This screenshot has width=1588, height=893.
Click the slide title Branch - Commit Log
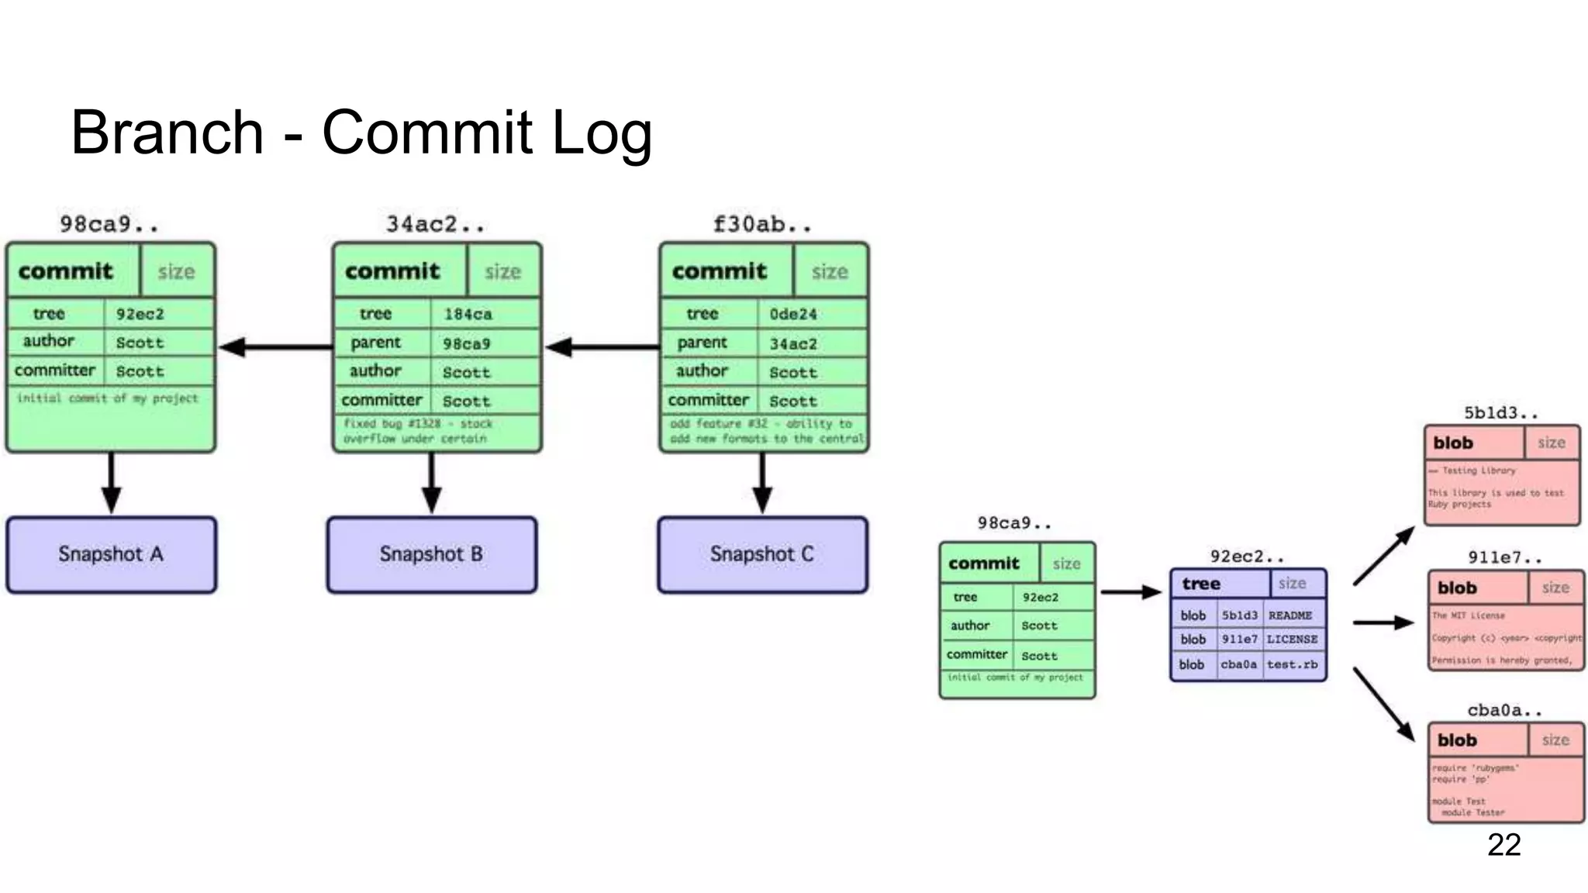361,133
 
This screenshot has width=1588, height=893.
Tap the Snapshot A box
111,555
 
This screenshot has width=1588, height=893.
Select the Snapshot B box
431,555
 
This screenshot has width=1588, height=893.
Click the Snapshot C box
762,555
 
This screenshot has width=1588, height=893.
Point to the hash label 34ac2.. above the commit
435,225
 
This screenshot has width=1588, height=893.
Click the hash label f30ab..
762,225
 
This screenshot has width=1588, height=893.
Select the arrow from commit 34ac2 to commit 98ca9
275,347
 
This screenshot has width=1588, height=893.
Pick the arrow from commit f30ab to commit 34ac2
602,347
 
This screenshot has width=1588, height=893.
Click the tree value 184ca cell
468,314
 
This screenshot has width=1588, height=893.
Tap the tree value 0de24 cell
794,314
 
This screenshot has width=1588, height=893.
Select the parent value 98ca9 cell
467,343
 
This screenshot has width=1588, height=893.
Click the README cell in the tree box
1290,615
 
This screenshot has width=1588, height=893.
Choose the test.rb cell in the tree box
1292,664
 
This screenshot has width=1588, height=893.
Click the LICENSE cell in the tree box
1292,640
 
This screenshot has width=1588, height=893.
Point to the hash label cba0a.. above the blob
1504,710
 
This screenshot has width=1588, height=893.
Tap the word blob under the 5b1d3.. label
1453,443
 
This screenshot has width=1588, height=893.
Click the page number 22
1503,844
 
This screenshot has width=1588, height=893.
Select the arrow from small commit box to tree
1131,593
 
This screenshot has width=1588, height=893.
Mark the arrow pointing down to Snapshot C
762,483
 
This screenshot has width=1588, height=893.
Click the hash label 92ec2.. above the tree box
1247,557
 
